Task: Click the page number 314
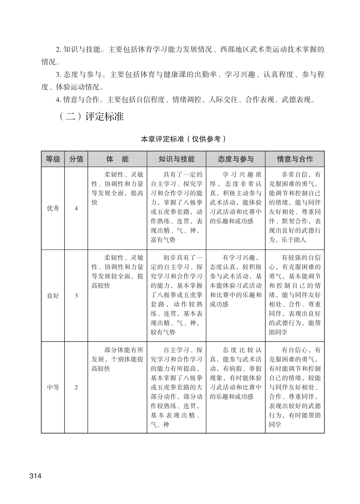click(35, 476)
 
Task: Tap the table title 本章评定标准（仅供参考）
click(183, 139)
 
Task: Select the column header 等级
click(53, 159)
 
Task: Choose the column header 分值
click(76, 159)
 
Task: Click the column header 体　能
click(117, 159)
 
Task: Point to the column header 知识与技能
click(176, 159)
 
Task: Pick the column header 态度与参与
click(235, 159)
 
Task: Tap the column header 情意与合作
click(294, 159)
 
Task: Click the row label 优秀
click(53, 209)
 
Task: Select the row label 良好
click(53, 296)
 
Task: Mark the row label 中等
click(53, 387)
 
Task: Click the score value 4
click(76, 209)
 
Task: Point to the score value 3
click(76, 296)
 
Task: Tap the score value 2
click(76, 387)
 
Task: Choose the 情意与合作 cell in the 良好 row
click(294, 295)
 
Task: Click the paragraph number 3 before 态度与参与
click(58, 75)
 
